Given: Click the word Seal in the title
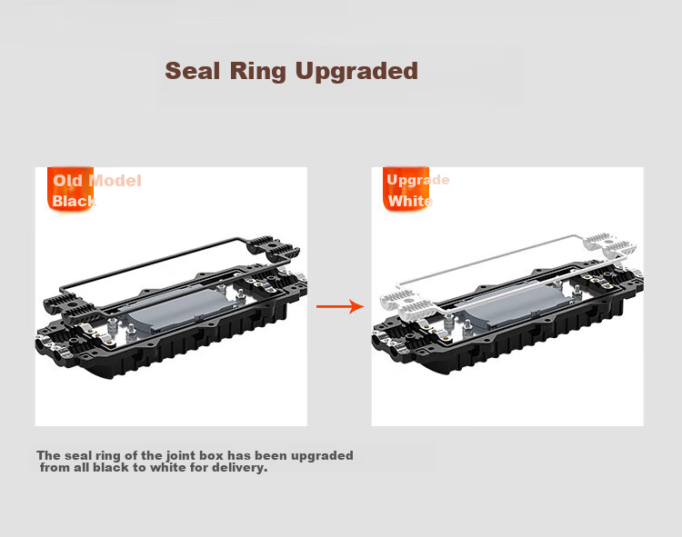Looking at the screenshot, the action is [x=192, y=70].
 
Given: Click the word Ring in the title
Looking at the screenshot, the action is [x=258, y=72].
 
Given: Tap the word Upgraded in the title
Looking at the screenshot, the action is [x=356, y=72].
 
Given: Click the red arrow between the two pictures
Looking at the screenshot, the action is [x=340, y=306].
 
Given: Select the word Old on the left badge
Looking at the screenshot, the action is [x=67, y=181].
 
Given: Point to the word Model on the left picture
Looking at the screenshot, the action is [x=115, y=181].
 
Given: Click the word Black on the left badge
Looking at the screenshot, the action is [x=74, y=201].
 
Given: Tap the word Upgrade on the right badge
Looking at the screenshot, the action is [x=418, y=180].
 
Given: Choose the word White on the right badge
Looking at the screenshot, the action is [x=410, y=201].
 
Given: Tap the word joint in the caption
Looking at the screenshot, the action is [x=179, y=456].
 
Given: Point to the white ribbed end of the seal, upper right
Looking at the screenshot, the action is [x=609, y=246].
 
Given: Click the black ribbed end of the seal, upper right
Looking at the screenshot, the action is [x=273, y=248].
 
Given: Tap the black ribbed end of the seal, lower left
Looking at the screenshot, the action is [x=70, y=306].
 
